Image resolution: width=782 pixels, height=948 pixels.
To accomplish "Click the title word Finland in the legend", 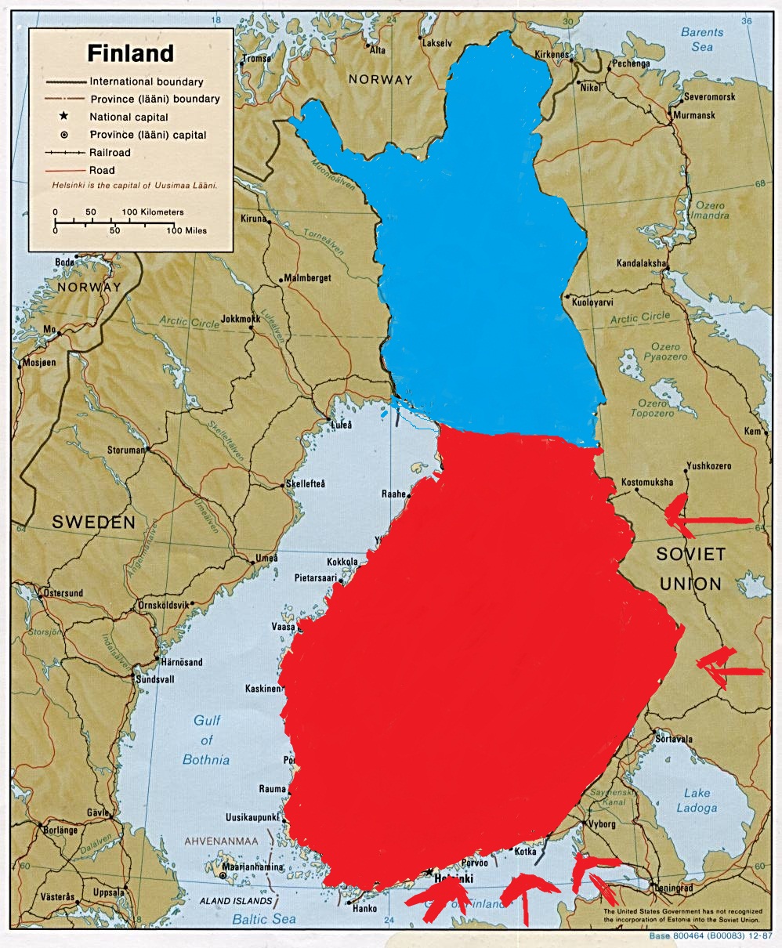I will coord(130,53).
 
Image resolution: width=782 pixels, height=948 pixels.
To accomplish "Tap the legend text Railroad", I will coord(110,153).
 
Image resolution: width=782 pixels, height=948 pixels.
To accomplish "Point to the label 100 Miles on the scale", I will coord(186,230).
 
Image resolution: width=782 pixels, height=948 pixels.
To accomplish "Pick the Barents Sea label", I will coord(702,39).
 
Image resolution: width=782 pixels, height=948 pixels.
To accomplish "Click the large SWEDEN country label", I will coord(93,523).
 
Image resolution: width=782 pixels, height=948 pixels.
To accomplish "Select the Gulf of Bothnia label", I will coord(206,740).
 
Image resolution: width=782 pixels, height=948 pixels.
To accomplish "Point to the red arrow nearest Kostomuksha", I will coord(708,513).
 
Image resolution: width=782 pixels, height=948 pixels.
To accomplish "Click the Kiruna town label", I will coord(253,218).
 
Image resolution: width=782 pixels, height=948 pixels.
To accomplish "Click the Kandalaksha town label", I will coord(641,263).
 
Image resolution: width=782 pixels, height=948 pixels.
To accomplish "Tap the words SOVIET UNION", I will coord(690,569).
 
